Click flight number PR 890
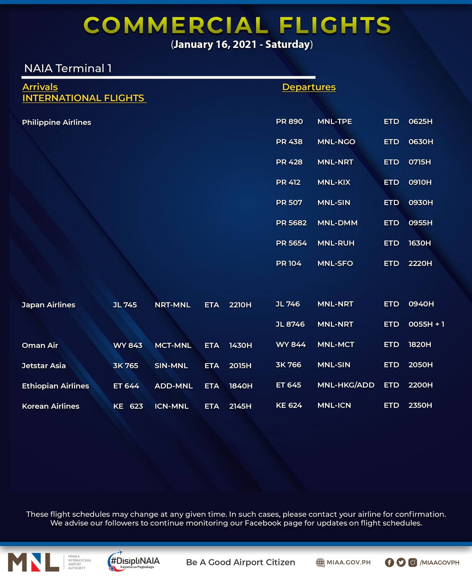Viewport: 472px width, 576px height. click(x=289, y=122)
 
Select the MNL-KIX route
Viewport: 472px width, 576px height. click(x=334, y=182)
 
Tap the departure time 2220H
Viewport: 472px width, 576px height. click(x=420, y=264)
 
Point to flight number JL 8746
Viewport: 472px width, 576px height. click(x=290, y=324)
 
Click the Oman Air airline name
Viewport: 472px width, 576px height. click(x=40, y=346)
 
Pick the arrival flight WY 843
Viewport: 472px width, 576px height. click(x=128, y=346)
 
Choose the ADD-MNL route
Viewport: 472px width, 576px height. click(x=174, y=386)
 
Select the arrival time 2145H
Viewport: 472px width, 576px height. click(x=240, y=406)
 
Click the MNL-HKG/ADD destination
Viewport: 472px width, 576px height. click(x=346, y=385)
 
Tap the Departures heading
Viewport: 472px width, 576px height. click(x=309, y=87)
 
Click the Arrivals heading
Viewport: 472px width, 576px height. click(x=40, y=87)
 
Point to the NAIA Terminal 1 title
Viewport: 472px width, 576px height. click(x=68, y=69)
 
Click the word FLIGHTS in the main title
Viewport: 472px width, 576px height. click(x=335, y=25)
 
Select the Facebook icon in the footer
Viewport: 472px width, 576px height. click(x=389, y=562)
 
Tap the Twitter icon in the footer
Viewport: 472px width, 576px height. click(x=401, y=562)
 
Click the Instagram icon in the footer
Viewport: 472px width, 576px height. click(x=413, y=562)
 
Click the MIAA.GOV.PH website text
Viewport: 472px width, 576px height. click(x=348, y=562)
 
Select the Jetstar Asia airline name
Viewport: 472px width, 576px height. click(x=44, y=366)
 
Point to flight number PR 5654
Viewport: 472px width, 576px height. click(x=291, y=243)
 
